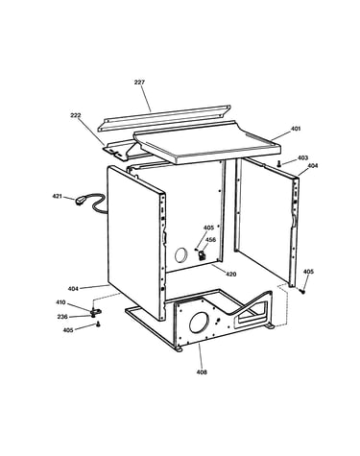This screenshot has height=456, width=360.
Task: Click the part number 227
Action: pos(139,83)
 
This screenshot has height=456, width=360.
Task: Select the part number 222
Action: pos(76,115)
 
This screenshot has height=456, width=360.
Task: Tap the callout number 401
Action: pos(296,129)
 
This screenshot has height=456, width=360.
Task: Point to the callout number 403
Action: pos(302,157)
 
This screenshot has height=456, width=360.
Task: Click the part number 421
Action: pos(58,196)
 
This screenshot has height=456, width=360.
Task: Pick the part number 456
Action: pos(210,240)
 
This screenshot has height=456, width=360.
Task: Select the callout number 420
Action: pos(231,274)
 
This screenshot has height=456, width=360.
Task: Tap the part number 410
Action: pos(60,302)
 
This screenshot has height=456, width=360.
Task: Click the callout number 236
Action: pos(62,317)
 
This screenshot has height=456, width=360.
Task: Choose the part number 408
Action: pos(202,372)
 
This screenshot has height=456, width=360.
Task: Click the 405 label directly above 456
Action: pos(208,228)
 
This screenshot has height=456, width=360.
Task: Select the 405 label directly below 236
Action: pos(68,330)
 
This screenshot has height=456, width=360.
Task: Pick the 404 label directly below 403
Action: pos(313,166)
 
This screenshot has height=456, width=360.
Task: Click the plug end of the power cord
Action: pos(79,202)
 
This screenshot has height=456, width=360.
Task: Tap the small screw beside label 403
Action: pos(279,164)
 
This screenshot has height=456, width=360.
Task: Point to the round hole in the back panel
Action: pos(180,255)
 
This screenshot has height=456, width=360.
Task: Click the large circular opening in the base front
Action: pos(199,323)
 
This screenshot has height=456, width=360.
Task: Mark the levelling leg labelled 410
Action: pos(95,311)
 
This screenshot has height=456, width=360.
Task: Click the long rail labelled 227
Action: pos(164,117)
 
